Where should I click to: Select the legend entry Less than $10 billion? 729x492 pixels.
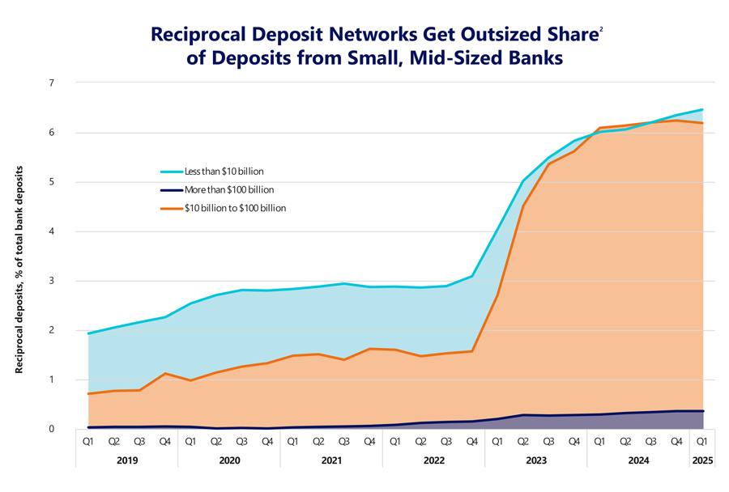pos(224,172)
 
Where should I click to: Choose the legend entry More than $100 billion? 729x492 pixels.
pos(228,189)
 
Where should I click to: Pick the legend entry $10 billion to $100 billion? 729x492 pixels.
pos(235,208)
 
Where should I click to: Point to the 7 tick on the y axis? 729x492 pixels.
pos(51,83)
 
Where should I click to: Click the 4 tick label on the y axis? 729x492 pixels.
pos(51,231)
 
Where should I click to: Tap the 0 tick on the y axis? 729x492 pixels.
pos(51,429)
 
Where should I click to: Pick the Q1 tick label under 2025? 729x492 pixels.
pos(701,442)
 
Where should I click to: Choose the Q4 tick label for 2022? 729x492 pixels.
pos(472,442)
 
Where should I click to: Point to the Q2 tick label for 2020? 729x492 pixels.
pos(216,442)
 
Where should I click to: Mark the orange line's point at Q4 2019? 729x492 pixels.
pos(165,373)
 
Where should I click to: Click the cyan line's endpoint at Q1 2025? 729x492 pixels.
pos(701,109)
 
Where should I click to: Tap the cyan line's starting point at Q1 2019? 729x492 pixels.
pos(88,333)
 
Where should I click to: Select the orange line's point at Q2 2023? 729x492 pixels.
pos(523,206)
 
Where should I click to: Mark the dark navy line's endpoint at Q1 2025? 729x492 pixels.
pos(701,411)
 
